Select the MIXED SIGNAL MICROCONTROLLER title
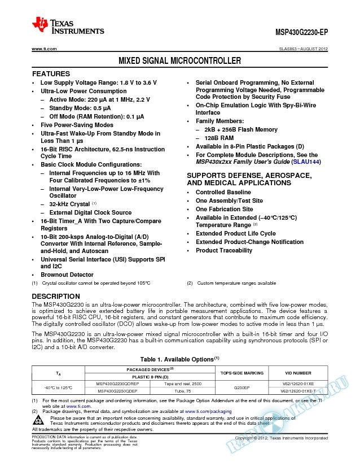point(179,60)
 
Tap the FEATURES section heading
point(51,74)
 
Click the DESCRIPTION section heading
point(56,296)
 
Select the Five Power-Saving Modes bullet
point(77,125)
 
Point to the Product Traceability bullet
point(223,250)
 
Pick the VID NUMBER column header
point(298,373)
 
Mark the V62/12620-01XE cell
point(298,383)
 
